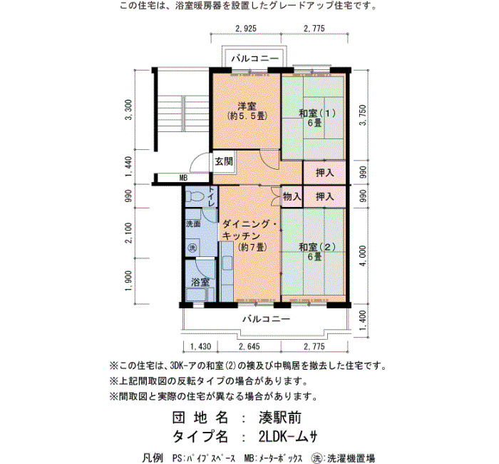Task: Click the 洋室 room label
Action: (247, 106)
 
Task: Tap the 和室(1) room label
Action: (317, 113)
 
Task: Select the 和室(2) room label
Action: (317, 247)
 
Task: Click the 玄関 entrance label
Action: (224, 161)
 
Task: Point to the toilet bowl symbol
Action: (195, 196)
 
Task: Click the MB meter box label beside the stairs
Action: (183, 178)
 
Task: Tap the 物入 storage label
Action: (292, 196)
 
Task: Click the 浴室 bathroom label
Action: (200, 282)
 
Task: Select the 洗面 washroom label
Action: (193, 223)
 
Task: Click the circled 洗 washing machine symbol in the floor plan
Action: (192, 248)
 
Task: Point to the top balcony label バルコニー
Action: (255, 59)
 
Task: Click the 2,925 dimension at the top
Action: (246, 29)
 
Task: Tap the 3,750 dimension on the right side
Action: (363, 115)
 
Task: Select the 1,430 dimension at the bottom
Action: (200, 346)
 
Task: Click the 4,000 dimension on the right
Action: (363, 256)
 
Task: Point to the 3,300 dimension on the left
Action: (128, 110)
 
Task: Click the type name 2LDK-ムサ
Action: (288, 436)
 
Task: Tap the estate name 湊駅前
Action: (280, 418)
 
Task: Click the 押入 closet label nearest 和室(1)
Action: (324, 173)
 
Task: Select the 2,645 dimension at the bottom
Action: (249, 346)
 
